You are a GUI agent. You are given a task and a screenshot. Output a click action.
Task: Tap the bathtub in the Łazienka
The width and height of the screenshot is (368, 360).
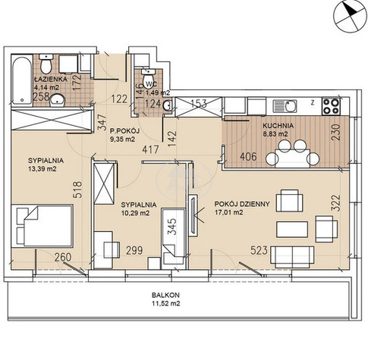(x=22, y=81)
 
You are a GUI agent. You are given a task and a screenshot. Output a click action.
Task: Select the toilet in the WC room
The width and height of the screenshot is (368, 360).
(x=148, y=78)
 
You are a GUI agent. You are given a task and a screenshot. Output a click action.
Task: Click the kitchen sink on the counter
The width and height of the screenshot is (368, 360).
(x=285, y=106)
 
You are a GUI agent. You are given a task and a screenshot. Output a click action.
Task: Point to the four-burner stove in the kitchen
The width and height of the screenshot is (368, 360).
(x=332, y=105)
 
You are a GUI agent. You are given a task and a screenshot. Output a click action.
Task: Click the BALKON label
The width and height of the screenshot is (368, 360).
(x=165, y=295)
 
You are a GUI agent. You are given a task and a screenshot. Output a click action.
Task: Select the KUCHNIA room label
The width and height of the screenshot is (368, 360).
(x=278, y=126)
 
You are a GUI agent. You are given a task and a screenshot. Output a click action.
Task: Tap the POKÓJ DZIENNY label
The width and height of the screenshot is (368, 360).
(x=242, y=204)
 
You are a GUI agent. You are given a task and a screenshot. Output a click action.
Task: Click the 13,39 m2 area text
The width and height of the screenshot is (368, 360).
(x=42, y=169)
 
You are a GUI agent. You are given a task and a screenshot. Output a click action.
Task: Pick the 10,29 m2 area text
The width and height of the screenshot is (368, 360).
(x=136, y=213)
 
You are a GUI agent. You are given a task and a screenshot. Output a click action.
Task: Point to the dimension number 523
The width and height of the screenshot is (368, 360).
(x=259, y=250)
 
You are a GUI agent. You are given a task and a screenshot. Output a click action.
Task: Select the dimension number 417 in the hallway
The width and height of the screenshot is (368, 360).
(x=150, y=149)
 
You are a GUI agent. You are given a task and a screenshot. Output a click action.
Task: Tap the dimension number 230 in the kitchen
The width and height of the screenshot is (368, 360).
(x=336, y=132)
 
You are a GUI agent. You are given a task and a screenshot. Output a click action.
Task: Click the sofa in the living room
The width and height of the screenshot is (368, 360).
(x=292, y=257)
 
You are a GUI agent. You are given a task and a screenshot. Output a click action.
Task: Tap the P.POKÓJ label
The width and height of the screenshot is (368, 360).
(x=124, y=131)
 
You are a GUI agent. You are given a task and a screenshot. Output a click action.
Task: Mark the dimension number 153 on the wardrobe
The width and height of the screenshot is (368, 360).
(x=199, y=103)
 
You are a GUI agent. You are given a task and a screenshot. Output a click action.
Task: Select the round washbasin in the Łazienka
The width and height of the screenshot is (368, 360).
(x=58, y=101)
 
